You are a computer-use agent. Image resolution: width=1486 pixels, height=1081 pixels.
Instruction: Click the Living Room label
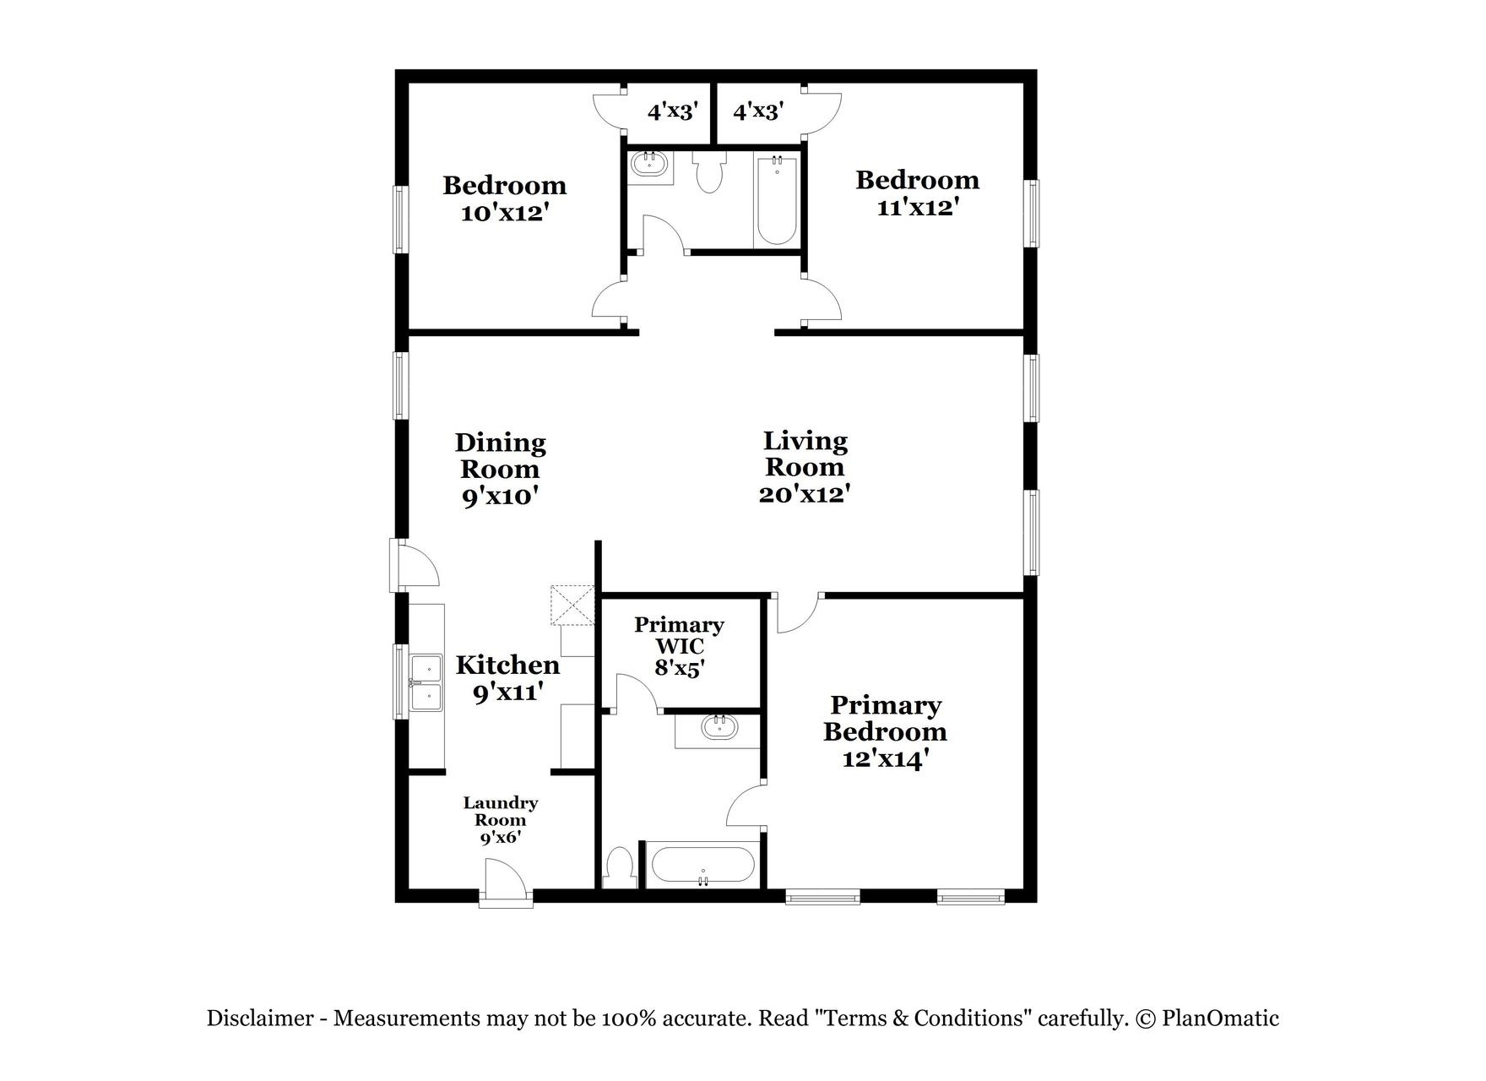(804, 454)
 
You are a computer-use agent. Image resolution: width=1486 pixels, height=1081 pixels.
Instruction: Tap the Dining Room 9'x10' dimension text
(500, 496)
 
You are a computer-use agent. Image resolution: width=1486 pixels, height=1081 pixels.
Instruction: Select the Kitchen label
(507, 665)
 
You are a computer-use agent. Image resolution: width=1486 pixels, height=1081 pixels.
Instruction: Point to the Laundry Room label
(501, 811)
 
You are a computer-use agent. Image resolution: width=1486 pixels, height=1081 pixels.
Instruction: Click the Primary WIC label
(679, 636)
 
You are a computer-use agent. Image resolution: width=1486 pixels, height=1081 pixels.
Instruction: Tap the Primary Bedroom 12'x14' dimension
(886, 758)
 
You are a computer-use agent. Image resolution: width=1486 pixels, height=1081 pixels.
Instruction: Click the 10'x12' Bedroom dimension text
(505, 213)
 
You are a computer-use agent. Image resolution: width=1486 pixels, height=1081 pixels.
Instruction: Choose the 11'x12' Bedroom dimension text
(917, 207)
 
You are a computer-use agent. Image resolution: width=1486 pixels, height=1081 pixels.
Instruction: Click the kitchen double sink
(426, 682)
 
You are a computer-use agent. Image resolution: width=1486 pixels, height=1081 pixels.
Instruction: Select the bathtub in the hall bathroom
(776, 200)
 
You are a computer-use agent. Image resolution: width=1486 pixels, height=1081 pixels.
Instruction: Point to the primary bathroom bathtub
(702, 865)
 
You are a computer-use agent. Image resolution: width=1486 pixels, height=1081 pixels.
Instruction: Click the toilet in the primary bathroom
(621, 867)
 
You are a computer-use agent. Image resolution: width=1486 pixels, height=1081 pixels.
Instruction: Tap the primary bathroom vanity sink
(719, 728)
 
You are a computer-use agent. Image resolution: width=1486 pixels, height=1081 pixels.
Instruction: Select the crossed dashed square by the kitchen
(572, 604)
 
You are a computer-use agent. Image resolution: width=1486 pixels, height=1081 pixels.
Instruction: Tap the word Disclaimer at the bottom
(259, 1019)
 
